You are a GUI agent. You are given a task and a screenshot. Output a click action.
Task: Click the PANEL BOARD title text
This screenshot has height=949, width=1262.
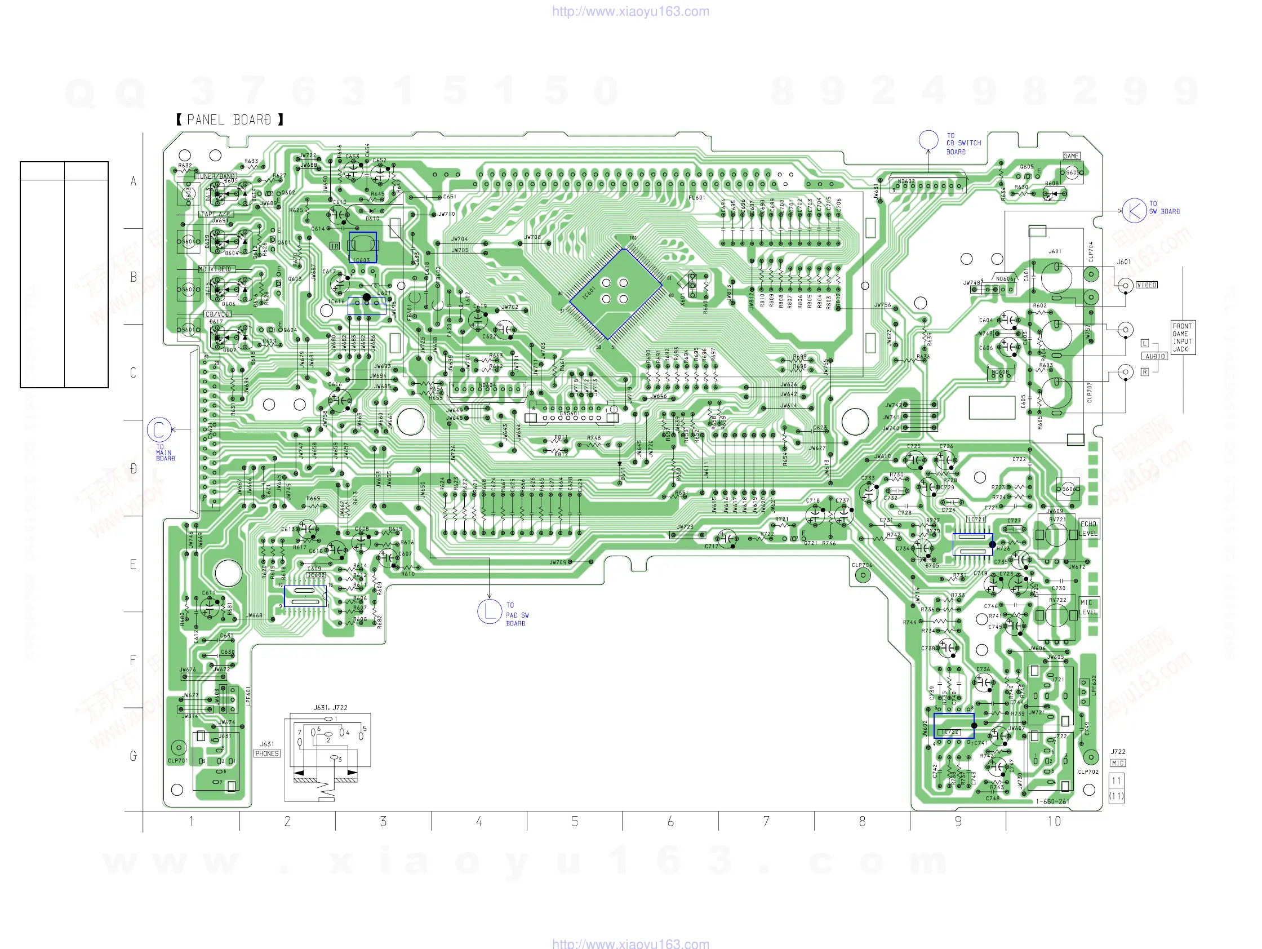point(229,120)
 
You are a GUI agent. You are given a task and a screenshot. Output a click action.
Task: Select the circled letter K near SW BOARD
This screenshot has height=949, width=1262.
point(1133,211)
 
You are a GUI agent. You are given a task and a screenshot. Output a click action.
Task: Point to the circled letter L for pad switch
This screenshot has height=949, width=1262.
point(489,612)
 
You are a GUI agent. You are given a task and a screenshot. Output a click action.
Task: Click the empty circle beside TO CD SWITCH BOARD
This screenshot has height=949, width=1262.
point(928,140)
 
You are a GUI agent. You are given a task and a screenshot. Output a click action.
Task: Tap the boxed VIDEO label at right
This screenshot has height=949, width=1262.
point(1147,285)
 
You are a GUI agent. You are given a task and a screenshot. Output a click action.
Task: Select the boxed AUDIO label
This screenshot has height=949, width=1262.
point(1155,356)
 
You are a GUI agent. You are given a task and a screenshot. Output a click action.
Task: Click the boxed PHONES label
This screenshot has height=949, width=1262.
point(267,753)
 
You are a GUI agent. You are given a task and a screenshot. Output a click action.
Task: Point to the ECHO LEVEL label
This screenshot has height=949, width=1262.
point(1088,529)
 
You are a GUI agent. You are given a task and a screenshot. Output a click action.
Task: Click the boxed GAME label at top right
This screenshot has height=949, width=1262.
point(1071,156)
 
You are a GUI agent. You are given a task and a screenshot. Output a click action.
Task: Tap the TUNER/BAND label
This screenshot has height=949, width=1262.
point(216,176)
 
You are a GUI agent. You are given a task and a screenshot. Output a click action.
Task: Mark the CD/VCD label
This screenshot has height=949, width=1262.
point(217,314)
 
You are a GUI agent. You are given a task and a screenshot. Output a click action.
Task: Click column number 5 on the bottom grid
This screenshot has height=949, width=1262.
point(575,821)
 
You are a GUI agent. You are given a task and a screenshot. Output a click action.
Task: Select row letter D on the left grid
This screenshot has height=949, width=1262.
point(133,468)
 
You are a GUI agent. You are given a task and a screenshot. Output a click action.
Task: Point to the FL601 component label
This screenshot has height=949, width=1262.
point(696,197)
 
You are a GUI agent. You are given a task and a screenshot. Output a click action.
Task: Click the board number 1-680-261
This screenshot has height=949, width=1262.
point(1052,801)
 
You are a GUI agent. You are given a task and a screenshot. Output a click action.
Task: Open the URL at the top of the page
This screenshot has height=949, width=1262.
point(630,11)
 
